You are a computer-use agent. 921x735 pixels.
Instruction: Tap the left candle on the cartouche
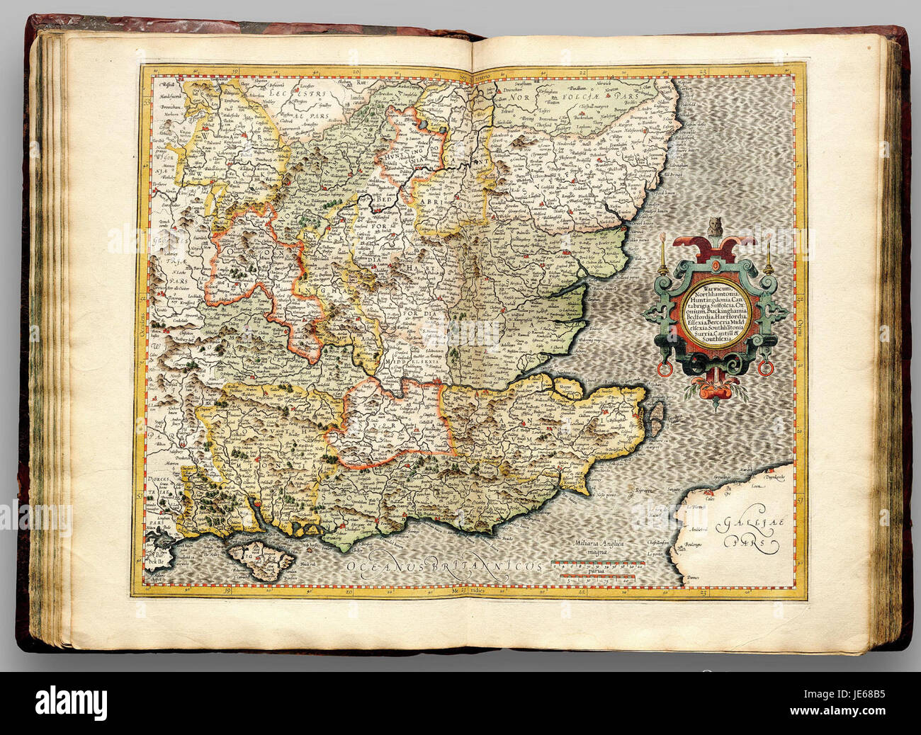tap(662, 253)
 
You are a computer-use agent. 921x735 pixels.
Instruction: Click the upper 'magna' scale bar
tap(599, 566)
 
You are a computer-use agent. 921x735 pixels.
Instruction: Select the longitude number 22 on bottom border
tap(582, 588)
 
